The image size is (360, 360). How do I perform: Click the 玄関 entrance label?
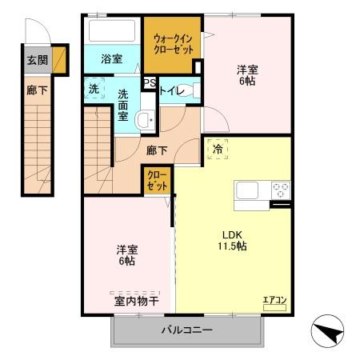coord(36,59)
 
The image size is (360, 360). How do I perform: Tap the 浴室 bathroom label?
coord(111,59)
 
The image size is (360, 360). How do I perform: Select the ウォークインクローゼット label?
coord(173,42)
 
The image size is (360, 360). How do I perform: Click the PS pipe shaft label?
coord(149,82)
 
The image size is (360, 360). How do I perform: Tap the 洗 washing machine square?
coord(94,89)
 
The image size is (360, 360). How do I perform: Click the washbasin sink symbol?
coord(145,121)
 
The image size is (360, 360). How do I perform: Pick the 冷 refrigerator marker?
coord(217,149)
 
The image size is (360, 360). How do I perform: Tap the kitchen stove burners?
coord(280,190)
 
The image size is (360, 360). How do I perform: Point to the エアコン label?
coord(274,300)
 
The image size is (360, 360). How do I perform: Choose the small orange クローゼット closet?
coord(156,179)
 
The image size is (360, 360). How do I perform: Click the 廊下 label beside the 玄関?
coord(36,90)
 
